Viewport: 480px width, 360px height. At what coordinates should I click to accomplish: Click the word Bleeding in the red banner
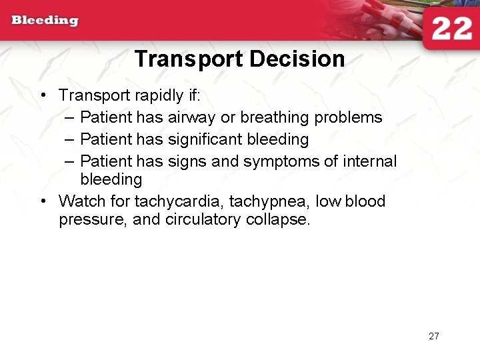point(45,20)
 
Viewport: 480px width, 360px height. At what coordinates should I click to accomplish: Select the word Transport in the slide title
point(189,59)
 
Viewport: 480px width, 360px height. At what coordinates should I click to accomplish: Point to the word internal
point(370,161)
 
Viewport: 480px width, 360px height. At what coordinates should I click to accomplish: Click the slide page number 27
point(434,336)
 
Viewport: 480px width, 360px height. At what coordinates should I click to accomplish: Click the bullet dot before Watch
point(43,201)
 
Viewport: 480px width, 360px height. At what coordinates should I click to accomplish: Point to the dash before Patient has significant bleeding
point(71,139)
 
